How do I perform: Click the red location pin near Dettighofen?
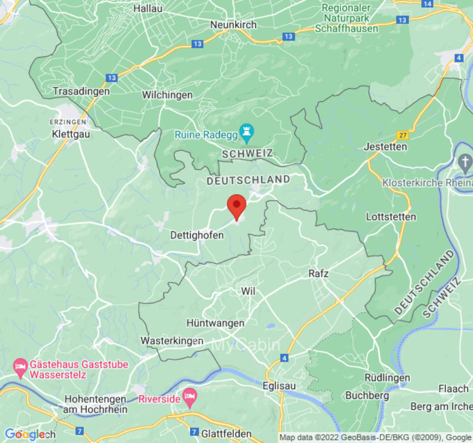coord(237,206)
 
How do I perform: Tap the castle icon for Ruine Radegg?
coord(245,133)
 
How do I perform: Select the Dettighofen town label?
coord(197,235)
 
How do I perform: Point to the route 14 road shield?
coord(426,3)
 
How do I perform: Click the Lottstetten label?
coord(391,217)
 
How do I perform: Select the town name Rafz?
coord(318,274)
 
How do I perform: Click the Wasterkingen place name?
coord(172,341)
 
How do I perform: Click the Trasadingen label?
coord(81,91)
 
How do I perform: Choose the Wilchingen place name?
coord(167,95)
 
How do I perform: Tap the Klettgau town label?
coord(70,134)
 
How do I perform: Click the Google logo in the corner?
coord(24,434)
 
